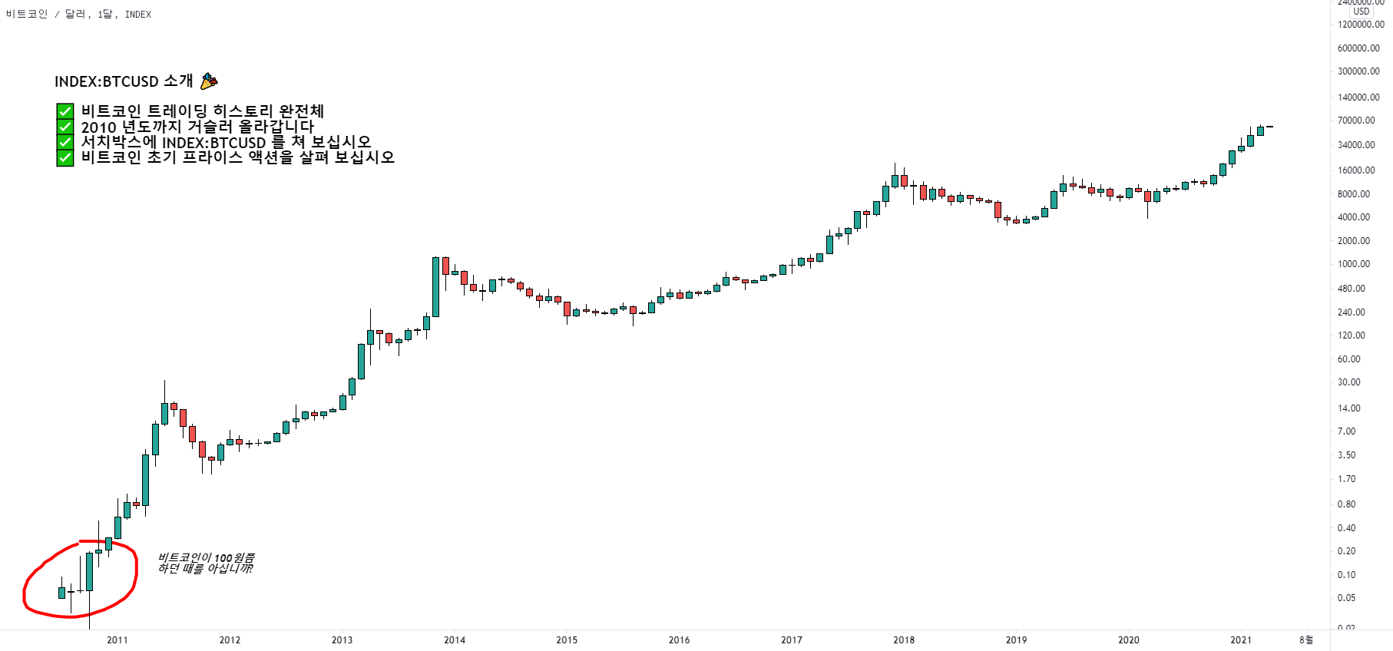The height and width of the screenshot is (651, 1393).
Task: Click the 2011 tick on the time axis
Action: [117, 639]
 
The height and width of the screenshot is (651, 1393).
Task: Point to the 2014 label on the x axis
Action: [455, 639]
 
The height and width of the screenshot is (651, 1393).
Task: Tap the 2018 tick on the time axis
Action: [904, 639]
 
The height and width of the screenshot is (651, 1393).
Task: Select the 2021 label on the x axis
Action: [1241, 639]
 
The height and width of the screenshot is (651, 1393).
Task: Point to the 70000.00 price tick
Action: [1356, 121]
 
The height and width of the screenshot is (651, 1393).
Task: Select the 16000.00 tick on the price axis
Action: [1356, 170]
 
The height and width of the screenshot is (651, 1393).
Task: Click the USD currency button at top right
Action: [1362, 12]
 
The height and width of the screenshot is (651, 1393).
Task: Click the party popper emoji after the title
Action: [209, 81]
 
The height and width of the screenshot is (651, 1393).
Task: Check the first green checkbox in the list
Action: [65, 112]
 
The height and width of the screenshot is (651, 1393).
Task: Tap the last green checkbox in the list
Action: [65, 157]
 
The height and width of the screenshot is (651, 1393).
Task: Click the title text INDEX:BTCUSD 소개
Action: [124, 81]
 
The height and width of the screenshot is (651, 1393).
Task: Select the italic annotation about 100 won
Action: [206, 563]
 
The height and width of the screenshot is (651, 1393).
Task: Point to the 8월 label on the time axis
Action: [1306, 639]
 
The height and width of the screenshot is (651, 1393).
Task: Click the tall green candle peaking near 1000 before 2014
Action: [435, 286]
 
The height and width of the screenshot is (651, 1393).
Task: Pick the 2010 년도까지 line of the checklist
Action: [197, 127]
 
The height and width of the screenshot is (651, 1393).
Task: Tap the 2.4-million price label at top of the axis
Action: [1361, 3]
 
